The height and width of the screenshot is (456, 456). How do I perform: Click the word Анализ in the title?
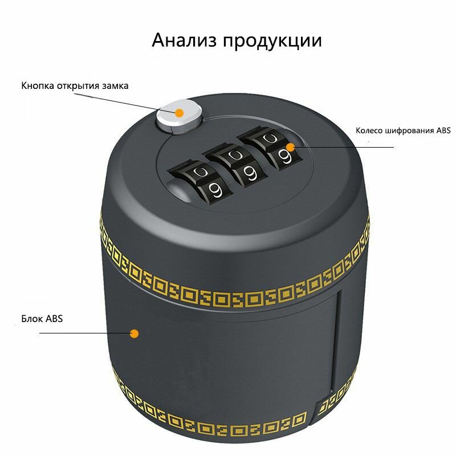[184, 40]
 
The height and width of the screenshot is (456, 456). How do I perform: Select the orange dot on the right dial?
[290, 147]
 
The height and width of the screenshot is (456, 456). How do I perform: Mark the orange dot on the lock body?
[135, 333]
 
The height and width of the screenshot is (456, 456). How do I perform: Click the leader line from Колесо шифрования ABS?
[342, 147]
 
